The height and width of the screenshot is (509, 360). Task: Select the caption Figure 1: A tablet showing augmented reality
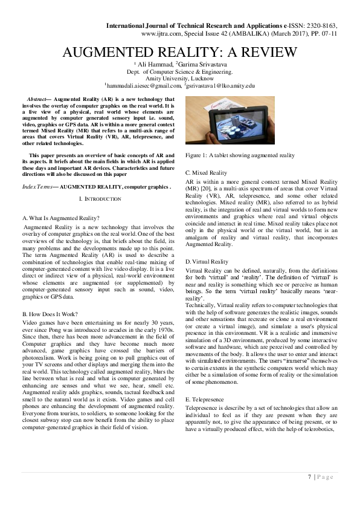pyautogui.click(x=233, y=155)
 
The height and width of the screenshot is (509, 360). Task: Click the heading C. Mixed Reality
pyautogui.click(x=206, y=173)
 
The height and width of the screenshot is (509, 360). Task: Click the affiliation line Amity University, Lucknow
pyautogui.click(x=179, y=79)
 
